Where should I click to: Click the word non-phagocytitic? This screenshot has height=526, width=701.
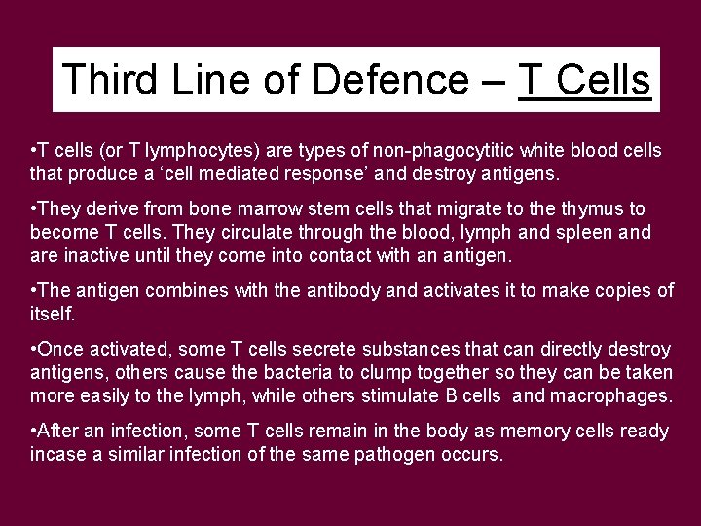coord(432,153)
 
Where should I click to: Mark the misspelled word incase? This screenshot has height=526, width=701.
coord(57,455)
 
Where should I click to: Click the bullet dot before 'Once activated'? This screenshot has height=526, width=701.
coord(34,349)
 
